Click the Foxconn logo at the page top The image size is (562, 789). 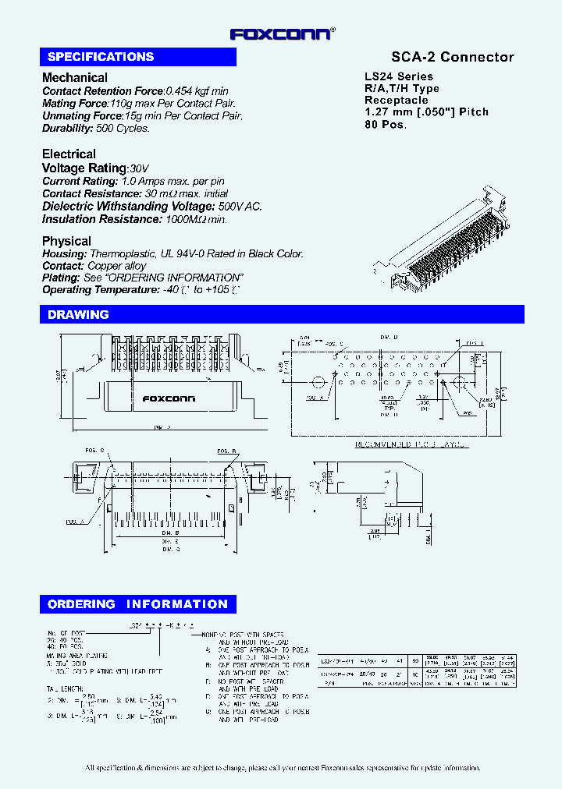282,34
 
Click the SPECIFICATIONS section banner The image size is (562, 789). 137,57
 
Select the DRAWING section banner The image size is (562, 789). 281,314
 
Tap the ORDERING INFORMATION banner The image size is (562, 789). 137,604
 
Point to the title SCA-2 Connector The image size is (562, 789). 452,57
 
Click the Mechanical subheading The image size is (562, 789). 75,77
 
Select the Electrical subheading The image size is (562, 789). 69,154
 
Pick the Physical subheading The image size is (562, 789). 66,241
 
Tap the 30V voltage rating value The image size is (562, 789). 139,168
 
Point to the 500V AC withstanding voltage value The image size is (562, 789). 240,207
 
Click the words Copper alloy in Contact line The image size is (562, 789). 116,266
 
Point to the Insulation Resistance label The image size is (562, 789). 91,220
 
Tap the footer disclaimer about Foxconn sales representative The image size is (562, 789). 282,768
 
